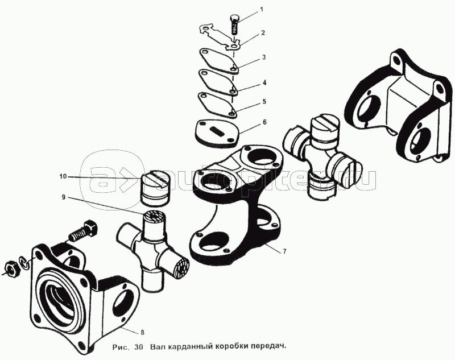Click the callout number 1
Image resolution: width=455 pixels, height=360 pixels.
tap(262, 10)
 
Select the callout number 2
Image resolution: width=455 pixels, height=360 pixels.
tap(263, 33)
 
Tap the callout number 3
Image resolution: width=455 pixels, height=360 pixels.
tap(264, 58)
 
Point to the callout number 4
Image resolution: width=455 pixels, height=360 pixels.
tap(264, 82)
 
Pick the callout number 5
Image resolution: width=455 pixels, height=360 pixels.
tap(264, 101)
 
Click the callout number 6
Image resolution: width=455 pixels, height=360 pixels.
tap(264, 122)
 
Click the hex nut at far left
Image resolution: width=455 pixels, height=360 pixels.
tap(13, 267)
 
